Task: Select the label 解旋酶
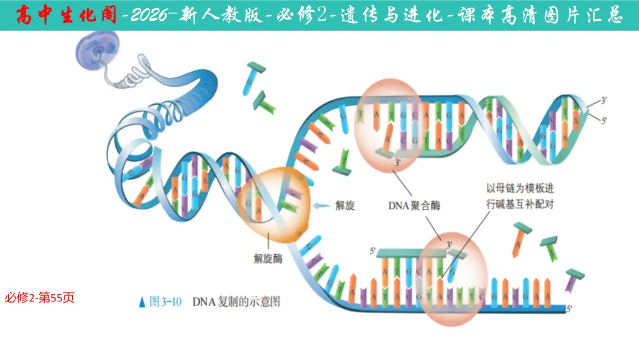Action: point(267,258)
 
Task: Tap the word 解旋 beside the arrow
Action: point(344,205)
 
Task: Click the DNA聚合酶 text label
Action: point(414,206)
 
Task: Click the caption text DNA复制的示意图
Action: point(236,301)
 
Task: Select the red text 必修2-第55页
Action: point(40,298)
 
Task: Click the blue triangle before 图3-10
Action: point(142,302)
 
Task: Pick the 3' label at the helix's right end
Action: point(603,101)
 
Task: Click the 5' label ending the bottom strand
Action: point(570,308)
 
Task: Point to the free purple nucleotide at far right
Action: point(573,279)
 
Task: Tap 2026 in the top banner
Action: point(154,15)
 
